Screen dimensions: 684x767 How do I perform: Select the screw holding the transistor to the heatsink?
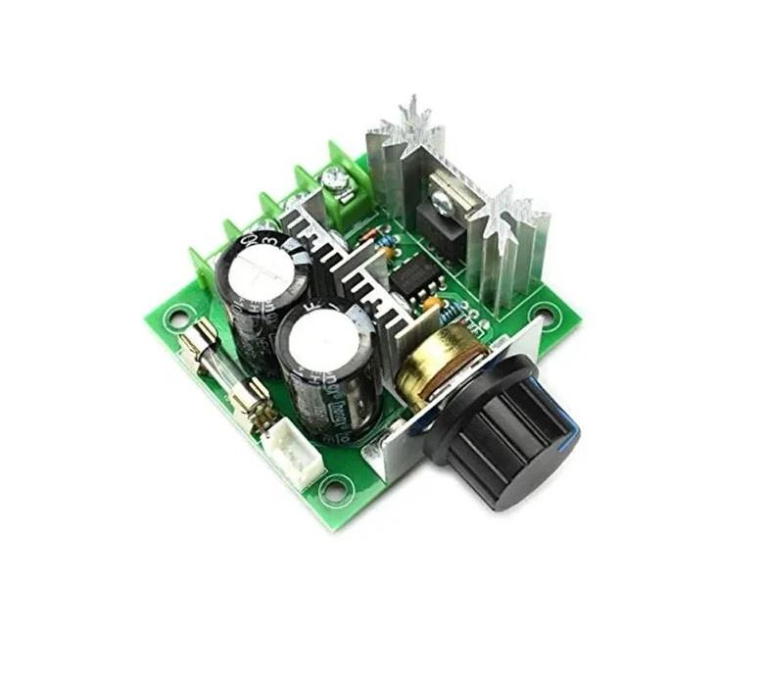pos(444,203)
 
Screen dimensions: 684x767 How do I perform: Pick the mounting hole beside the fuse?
pos(178,317)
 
